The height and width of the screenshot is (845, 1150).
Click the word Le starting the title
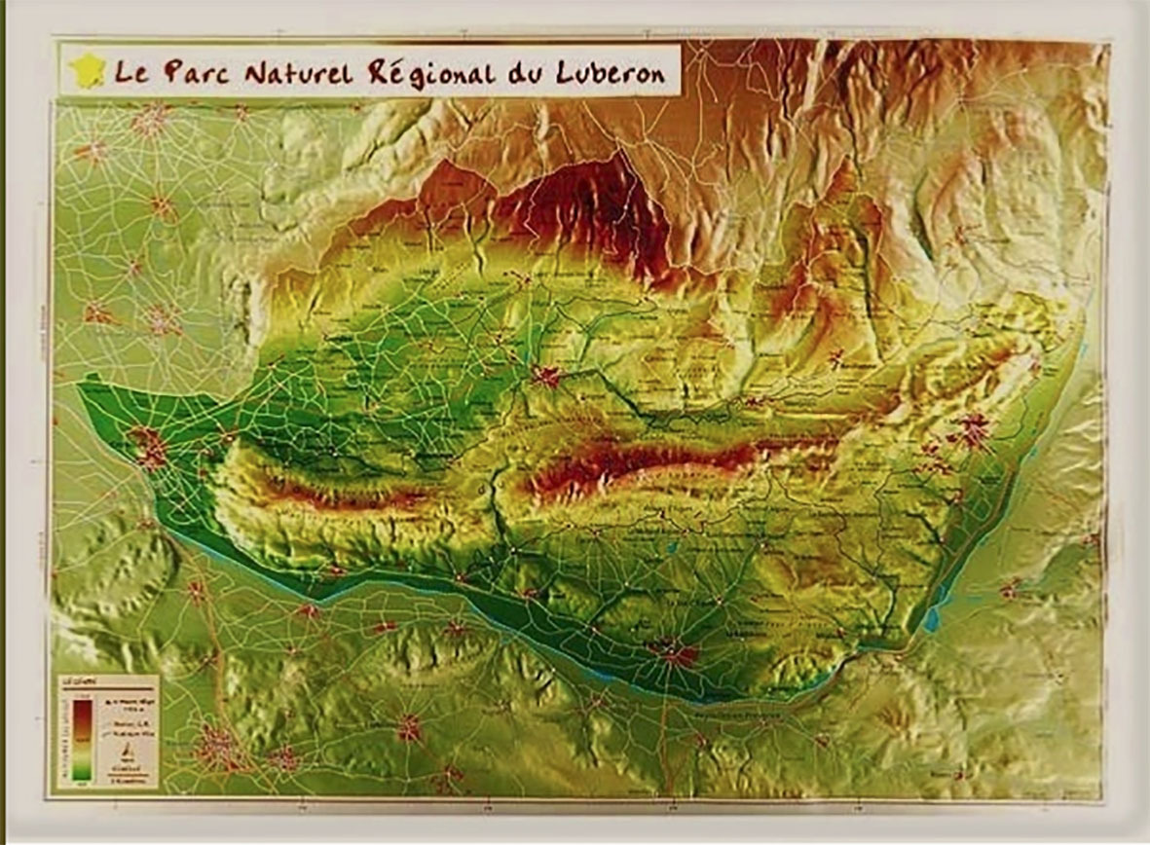[x=131, y=72]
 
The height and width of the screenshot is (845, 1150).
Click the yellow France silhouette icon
[x=87, y=70]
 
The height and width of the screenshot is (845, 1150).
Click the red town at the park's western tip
[x=148, y=447]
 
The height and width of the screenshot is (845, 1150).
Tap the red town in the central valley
[x=546, y=376]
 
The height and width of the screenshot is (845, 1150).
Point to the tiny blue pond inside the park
[x=671, y=548]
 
